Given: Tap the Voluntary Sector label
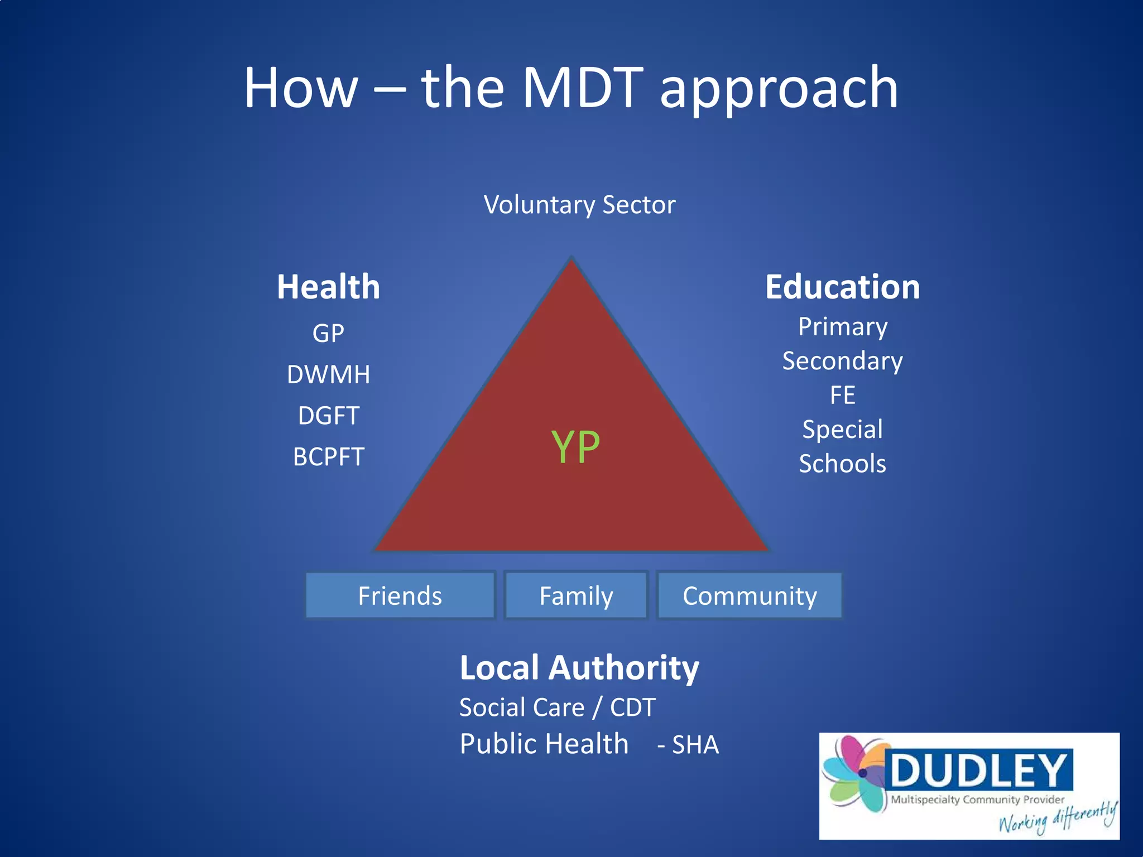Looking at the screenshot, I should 579,205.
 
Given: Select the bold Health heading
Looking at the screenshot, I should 328,287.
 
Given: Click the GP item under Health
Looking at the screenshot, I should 328,334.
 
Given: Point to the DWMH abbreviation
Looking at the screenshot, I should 328,374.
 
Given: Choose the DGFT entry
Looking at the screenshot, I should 328,416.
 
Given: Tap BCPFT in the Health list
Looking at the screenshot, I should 328,457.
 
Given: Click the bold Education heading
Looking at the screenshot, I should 842,287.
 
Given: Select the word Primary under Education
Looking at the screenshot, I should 842,327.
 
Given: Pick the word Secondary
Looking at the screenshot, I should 842,361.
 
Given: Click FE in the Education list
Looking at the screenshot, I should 842,396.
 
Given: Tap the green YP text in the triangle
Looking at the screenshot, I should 575,447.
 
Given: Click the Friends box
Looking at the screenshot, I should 400,595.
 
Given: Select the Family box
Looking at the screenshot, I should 576,595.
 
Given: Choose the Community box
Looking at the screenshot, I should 750,595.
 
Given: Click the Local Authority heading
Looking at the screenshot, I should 579,667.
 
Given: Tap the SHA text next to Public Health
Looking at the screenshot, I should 695,745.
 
